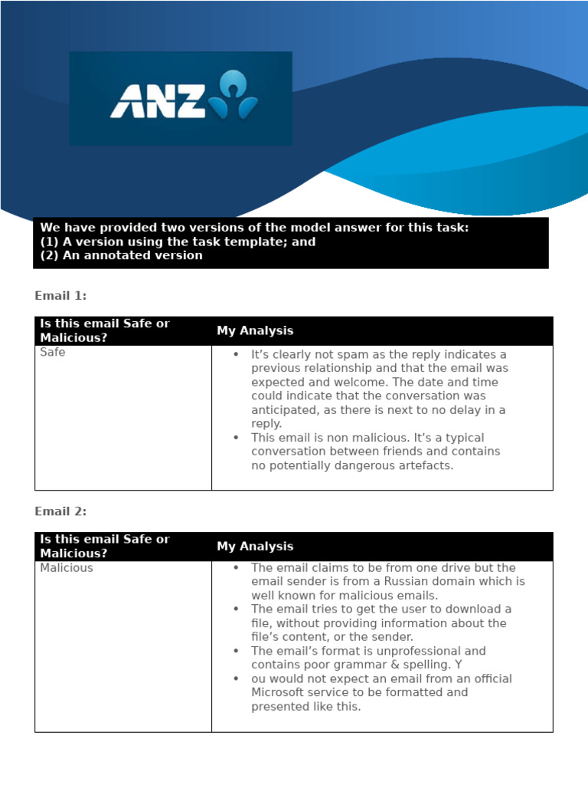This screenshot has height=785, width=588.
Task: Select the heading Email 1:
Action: (x=60, y=295)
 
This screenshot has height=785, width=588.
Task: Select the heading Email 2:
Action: (x=60, y=511)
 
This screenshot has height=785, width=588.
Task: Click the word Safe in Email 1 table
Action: (x=52, y=353)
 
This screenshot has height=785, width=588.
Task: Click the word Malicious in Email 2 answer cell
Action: (x=66, y=568)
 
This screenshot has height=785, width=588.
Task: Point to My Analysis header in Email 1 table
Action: (x=255, y=331)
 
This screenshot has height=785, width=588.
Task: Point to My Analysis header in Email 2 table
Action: (x=255, y=547)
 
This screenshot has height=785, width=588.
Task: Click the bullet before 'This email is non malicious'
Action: (x=236, y=438)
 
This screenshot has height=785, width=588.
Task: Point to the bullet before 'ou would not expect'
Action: (x=236, y=678)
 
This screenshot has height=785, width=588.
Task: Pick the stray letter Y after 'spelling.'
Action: (x=458, y=665)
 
